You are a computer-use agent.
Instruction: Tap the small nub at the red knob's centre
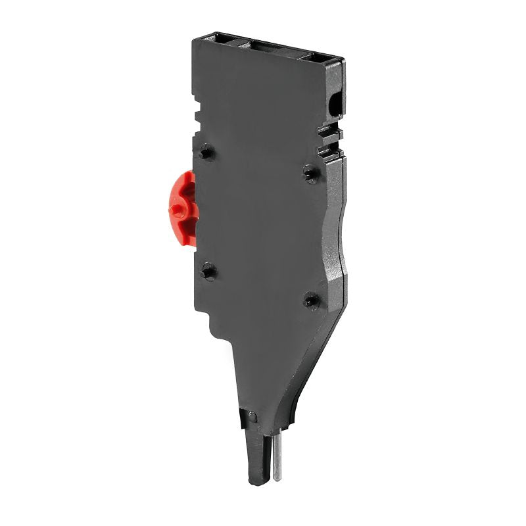pos(175,210)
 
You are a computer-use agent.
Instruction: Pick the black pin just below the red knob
pos(208,270)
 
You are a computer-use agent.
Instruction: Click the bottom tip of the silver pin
pos(277,479)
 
